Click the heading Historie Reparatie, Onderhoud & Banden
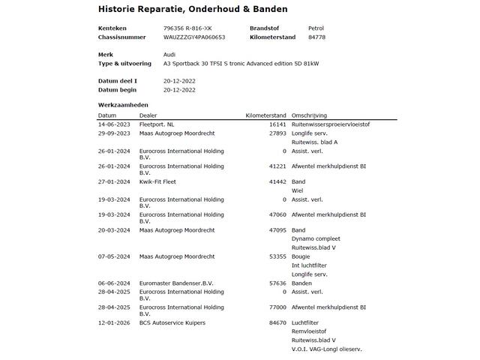(193, 9)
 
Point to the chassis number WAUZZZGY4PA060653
(194, 37)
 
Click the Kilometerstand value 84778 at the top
(316, 37)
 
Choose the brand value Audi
(169, 55)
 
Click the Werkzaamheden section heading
(123, 104)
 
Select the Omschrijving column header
(309, 115)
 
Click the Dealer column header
(148, 115)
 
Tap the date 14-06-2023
(114, 124)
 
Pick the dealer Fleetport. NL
(157, 124)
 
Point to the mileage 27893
(277, 133)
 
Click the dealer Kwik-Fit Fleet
(159, 182)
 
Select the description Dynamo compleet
(315, 238)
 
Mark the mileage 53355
(277, 256)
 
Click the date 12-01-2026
(114, 322)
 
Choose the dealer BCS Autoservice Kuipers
(172, 322)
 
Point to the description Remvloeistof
(309, 331)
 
